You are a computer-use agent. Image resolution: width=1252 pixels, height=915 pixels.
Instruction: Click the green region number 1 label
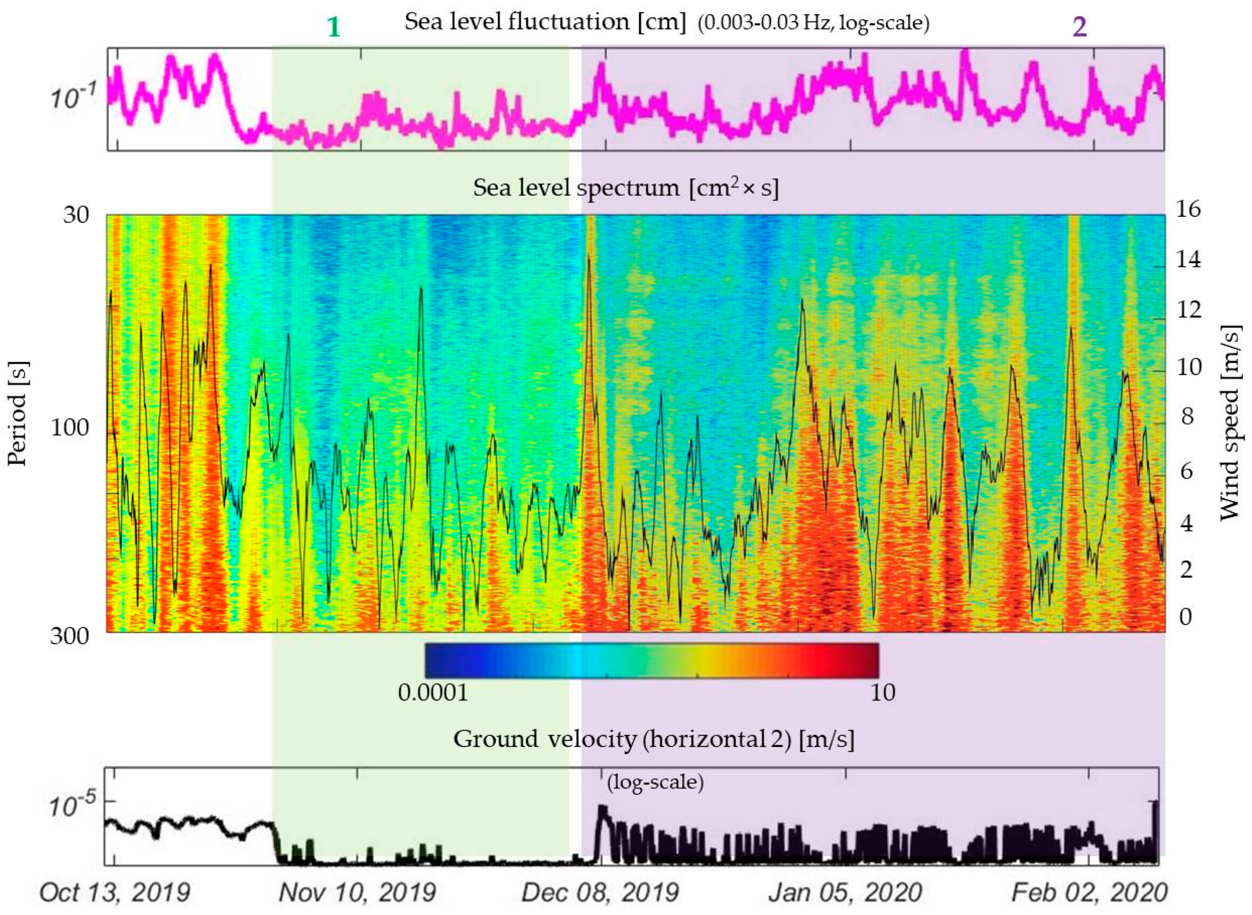tap(333, 27)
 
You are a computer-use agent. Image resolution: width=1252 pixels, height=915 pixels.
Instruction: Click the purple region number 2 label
tap(1079, 27)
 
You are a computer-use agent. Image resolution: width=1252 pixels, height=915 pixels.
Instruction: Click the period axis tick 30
tap(76, 214)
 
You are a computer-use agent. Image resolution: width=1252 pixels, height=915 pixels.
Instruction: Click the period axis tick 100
tap(70, 428)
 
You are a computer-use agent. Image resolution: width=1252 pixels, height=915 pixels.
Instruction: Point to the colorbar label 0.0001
tap(433, 692)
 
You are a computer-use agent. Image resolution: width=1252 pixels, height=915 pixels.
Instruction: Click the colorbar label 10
tap(882, 692)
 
